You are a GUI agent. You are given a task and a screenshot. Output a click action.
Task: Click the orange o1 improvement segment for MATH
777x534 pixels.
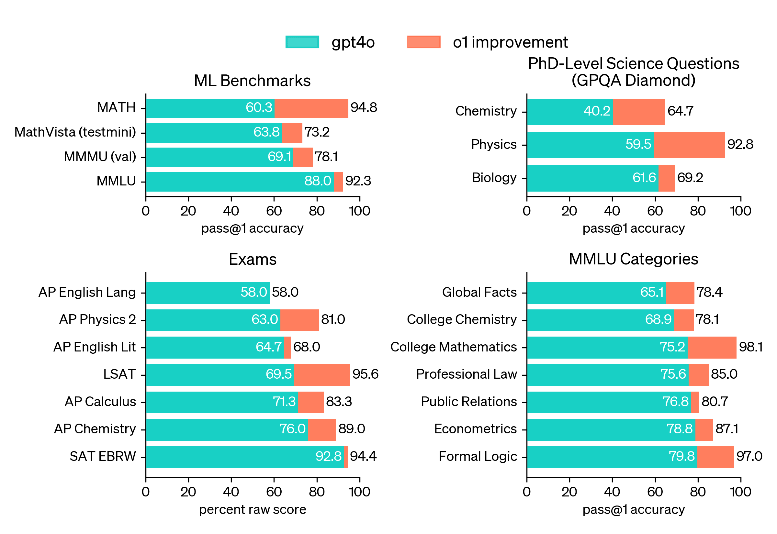(x=311, y=108)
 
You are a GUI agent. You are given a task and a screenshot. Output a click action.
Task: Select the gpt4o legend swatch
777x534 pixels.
(x=302, y=42)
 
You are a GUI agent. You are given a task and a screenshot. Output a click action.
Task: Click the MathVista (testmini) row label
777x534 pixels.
(x=75, y=132)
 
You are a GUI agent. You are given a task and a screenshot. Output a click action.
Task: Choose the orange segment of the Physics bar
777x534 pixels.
(x=689, y=145)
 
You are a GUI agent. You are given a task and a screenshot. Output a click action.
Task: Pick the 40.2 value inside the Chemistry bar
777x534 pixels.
(x=597, y=111)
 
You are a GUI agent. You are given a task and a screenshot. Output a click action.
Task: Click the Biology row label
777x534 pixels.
(x=494, y=178)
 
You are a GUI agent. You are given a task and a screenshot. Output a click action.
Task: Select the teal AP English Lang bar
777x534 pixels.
(x=208, y=293)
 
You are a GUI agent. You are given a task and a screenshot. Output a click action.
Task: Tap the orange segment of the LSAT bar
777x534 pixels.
(x=322, y=375)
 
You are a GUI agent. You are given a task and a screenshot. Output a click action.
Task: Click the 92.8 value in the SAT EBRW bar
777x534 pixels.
(x=328, y=456)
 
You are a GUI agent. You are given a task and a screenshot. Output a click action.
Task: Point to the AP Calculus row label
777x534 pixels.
(x=100, y=402)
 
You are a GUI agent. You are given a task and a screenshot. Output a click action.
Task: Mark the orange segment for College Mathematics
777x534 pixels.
(x=712, y=347)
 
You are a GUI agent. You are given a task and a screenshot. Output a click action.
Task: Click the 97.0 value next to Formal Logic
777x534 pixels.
(x=749, y=456)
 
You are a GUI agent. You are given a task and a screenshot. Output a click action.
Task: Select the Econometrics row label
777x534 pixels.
(x=475, y=429)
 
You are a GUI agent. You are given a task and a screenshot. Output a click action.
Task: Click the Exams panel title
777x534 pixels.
(x=253, y=260)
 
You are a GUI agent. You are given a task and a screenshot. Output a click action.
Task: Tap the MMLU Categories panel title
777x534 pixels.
(x=634, y=259)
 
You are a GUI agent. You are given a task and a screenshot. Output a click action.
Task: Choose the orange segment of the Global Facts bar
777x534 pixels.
(x=680, y=293)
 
